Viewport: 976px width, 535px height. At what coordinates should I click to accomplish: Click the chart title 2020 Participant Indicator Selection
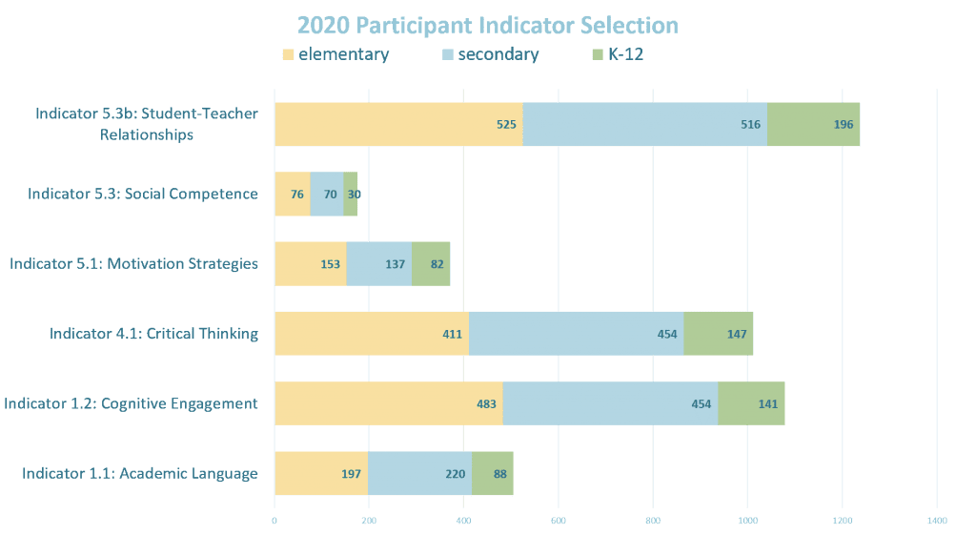coord(487,25)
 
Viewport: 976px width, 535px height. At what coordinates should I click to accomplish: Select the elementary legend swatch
coord(288,55)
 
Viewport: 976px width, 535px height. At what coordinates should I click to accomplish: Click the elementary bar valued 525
coord(398,124)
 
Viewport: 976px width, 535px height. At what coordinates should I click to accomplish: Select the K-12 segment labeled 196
coord(813,124)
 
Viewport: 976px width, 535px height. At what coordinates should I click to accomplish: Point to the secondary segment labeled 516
coord(644,124)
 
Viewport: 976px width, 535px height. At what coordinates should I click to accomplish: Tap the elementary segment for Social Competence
coord(292,195)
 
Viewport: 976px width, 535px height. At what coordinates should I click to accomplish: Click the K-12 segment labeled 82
coord(431,264)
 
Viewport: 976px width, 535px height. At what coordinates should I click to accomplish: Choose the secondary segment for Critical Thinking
coord(576,334)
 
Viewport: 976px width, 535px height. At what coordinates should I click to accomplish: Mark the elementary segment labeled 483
coord(388,403)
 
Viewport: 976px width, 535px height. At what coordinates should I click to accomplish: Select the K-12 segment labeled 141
coord(751,403)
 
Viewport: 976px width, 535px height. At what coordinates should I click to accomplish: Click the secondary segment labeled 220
coord(419,473)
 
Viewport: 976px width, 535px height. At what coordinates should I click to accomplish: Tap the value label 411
coord(452,334)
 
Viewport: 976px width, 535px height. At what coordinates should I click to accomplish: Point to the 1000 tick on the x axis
coord(747,520)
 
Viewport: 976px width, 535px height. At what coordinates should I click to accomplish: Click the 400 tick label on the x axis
coord(463,520)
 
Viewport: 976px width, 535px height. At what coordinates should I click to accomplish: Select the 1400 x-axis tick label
coord(936,520)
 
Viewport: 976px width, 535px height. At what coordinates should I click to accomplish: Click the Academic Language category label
coord(140,473)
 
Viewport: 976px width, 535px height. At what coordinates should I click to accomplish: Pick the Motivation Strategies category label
coord(134,264)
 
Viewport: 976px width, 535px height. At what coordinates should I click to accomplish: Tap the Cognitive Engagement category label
coord(132,403)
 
